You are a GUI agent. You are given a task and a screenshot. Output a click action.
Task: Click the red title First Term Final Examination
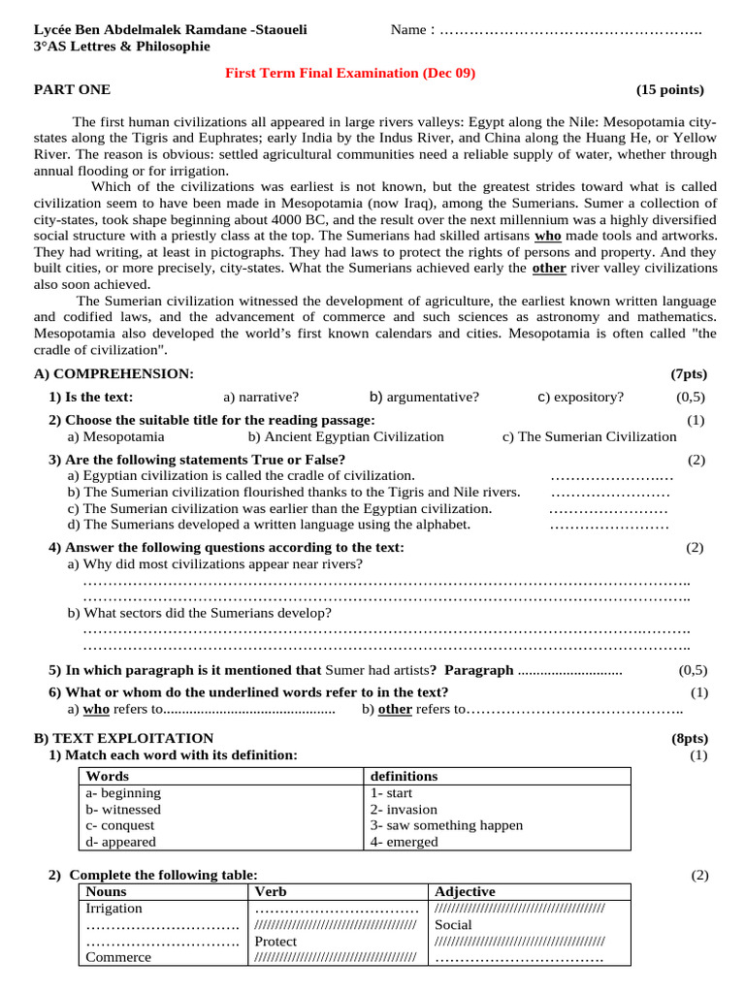point(350,73)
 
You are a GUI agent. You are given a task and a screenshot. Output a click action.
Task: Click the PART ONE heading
point(73,90)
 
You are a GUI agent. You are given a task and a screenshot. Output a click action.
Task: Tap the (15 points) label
point(670,90)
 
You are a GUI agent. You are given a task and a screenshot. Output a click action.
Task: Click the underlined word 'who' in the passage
point(548,236)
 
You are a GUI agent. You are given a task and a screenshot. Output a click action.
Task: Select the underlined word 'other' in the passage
point(549,268)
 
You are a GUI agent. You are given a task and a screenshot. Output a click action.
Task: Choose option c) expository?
point(580,397)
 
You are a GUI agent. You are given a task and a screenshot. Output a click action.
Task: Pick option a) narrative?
point(261,397)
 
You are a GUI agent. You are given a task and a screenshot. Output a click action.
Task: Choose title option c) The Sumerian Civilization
point(589,436)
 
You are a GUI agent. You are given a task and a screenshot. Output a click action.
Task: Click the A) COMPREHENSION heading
point(113,373)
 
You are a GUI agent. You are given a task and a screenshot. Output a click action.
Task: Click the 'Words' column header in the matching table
point(108,776)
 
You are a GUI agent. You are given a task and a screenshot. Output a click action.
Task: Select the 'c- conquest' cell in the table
point(120,825)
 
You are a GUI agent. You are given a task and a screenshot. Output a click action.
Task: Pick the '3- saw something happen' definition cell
point(446,825)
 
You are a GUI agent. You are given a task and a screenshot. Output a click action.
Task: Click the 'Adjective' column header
point(466,891)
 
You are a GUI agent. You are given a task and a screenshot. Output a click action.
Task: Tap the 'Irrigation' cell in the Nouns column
point(114,908)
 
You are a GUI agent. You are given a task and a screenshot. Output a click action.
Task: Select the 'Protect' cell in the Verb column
point(275,941)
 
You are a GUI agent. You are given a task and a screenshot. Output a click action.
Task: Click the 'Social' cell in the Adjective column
point(454,924)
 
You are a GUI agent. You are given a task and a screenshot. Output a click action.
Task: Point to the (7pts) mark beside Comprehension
point(689,373)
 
